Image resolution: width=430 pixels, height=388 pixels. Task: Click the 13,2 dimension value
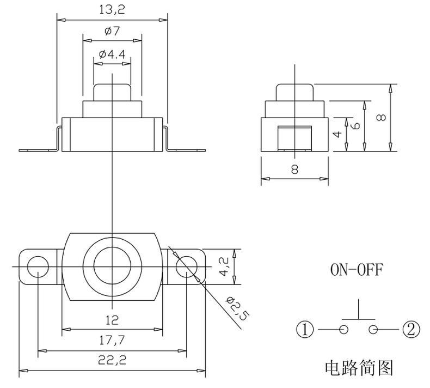pos(112,10)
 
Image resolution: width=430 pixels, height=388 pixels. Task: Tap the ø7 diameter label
pos(112,31)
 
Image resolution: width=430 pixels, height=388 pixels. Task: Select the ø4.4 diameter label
pos(112,54)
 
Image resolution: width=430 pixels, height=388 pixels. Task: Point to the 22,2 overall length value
pos(112,360)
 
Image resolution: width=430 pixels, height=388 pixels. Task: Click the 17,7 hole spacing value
pos(112,341)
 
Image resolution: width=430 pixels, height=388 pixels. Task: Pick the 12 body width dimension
pos(112,320)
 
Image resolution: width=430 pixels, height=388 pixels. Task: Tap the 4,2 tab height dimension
pos(224,266)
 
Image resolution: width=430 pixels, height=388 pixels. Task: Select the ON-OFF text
pos(357,270)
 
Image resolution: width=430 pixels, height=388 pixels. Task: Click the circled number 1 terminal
pos(305,329)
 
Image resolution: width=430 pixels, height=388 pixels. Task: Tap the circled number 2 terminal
pos(411,329)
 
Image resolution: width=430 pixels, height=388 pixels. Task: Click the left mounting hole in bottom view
pos(38,266)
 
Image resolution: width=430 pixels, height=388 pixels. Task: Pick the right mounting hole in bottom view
pos(187,266)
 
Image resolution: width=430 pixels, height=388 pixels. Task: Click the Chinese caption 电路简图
pos(359,368)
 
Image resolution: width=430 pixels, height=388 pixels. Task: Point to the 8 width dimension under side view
pos(294,169)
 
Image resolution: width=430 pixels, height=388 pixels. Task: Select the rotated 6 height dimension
pos(355,125)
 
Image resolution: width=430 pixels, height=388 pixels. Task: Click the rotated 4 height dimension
pos(338,134)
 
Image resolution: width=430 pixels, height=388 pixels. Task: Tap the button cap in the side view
pos(294,93)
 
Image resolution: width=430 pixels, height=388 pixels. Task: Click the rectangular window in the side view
pos(294,138)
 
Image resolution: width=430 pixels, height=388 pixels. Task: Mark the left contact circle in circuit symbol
pos(343,329)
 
